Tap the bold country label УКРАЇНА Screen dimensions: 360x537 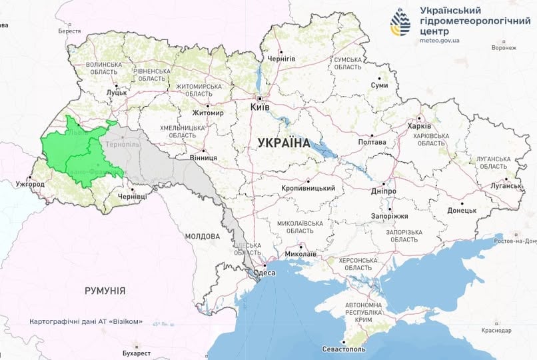(283, 143)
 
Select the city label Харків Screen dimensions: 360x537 (419, 126)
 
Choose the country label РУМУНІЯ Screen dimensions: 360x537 (105, 291)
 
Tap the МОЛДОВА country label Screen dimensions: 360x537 (203, 236)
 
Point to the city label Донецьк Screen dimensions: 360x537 (462, 210)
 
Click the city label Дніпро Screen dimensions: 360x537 (384, 191)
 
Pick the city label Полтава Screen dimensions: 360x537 (372, 142)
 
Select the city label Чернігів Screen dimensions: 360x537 (280, 59)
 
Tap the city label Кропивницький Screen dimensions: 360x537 (308, 189)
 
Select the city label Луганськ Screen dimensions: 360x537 (508, 186)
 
